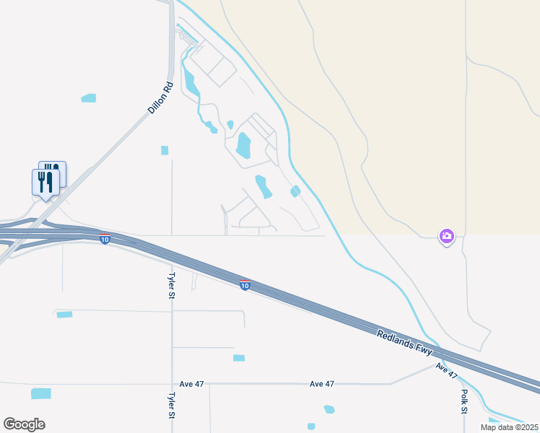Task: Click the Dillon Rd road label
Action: coord(161,98)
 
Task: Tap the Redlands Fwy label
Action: coord(404,342)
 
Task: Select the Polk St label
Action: coord(463,402)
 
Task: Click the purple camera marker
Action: coord(447,236)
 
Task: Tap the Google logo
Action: coord(24,424)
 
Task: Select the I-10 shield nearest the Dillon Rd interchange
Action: coord(105,240)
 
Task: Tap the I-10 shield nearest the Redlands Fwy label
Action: coord(245,286)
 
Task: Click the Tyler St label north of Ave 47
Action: coord(172,287)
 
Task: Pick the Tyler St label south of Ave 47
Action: coord(172,406)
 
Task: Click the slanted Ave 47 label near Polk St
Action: coord(447,371)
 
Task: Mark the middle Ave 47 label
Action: coord(322,384)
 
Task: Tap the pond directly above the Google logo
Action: coord(41,393)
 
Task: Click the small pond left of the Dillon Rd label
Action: coord(88,98)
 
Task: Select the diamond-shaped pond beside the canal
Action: coord(295,191)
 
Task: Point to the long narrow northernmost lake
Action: coord(191,81)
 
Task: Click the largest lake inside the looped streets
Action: coord(243,145)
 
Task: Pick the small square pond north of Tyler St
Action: coord(165,150)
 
